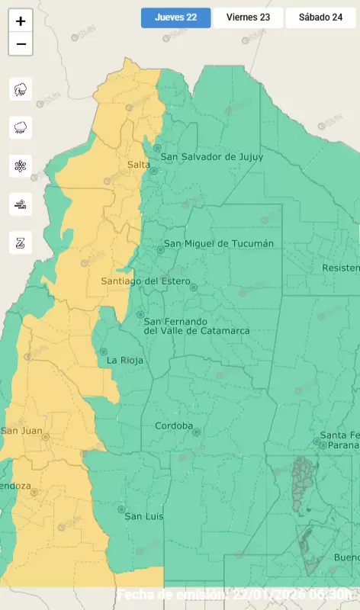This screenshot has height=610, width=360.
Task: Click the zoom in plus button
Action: pos(21,21)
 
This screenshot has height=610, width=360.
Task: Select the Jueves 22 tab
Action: pos(175,18)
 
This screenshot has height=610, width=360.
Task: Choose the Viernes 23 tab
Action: pos(248,18)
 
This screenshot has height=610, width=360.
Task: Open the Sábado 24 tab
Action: pos(320,18)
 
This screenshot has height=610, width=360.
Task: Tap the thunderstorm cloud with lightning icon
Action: pos(21,89)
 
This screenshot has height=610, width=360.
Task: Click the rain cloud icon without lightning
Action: pos(21,127)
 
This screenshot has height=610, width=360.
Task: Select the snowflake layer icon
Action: pos(21,165)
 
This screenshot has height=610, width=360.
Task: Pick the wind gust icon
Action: pos(21,204)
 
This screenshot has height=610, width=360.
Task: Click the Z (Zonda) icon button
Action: pos(21,242)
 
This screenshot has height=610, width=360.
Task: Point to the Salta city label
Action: pos(138,165)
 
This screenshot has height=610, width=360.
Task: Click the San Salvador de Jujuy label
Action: pos(211,157)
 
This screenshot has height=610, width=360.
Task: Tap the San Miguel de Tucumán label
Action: pos(219,243)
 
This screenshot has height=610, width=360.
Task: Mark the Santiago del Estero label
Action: pos(144,281)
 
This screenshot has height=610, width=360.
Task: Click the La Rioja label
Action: pos(125,360)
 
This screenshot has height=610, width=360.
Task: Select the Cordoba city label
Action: pos(173,425)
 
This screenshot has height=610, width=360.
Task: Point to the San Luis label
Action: pos(144,516)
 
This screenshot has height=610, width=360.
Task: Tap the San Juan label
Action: pos(21,431)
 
